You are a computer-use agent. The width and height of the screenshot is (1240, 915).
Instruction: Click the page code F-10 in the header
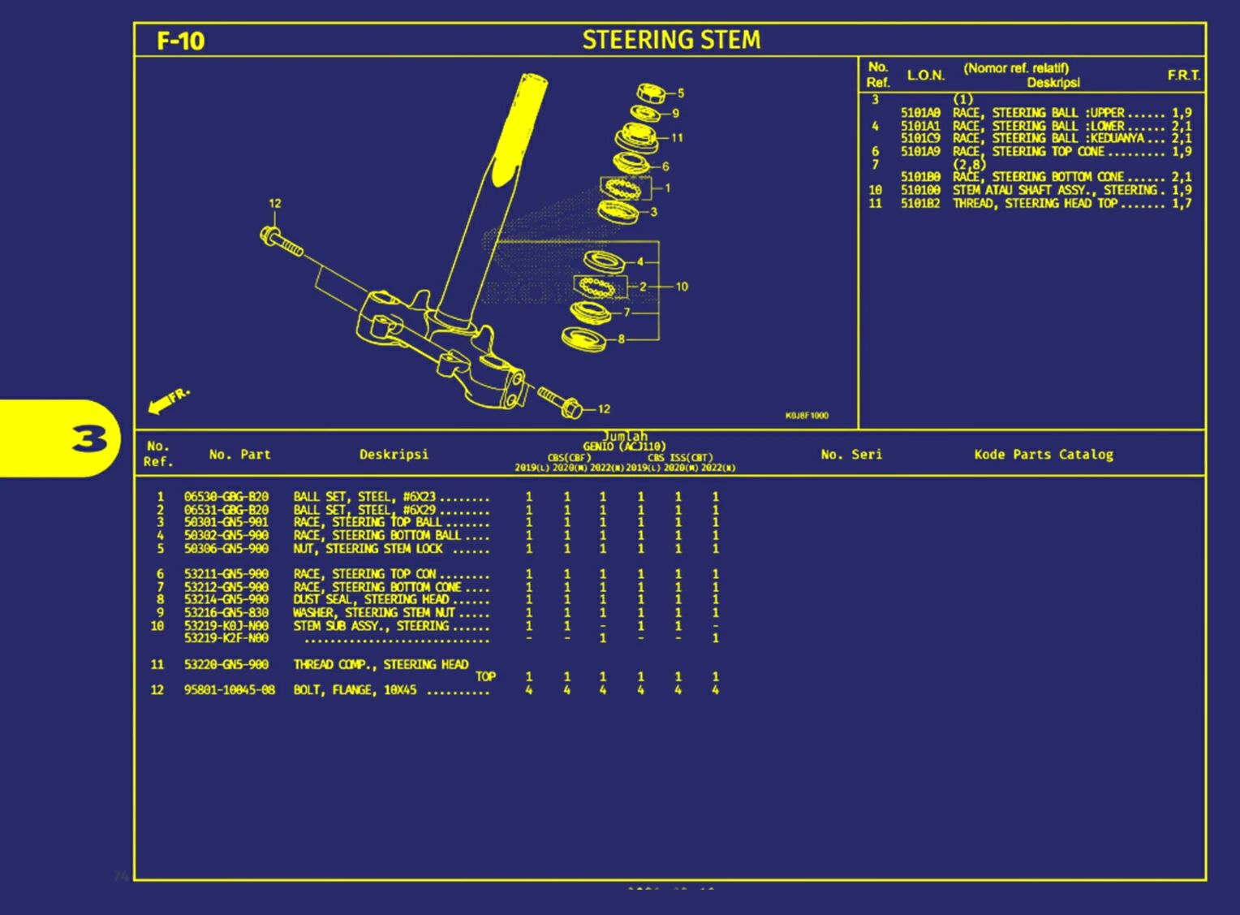click(x=180, y=41)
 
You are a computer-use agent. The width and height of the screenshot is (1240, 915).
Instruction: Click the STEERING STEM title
click(x=671, y=40)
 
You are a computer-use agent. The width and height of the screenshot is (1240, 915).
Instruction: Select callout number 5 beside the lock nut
click(x=681, y=93)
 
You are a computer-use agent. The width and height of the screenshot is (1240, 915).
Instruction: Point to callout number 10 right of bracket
click(x=682, y=287)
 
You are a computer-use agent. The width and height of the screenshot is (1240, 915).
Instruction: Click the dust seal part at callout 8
click(x=584, y=339)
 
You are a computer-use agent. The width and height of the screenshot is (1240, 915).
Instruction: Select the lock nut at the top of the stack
click(x=651, y=93)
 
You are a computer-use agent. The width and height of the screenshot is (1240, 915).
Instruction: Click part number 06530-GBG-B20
click(x=226, y=496)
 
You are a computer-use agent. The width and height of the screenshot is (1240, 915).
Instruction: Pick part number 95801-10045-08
click(x=230, y=690)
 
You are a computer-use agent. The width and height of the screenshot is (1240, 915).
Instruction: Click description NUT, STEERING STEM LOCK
click(x=368, y=549)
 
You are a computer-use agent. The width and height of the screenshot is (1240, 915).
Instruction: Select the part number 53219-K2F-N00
click(x=226, y=638)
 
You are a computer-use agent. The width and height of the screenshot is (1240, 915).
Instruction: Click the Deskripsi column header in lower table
click(x=394, y=455)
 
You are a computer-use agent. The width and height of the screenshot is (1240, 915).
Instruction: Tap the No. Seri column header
click(x=851, y=455)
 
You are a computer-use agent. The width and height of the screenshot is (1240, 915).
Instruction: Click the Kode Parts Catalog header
click(x=1044, y=455)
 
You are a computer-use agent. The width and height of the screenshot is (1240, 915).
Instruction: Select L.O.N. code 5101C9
click(x=920, y=139)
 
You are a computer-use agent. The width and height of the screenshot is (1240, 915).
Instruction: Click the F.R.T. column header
click(x=1183, y=76)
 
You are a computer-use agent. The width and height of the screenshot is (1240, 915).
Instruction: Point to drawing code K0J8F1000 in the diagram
click(x=807, y=416)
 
